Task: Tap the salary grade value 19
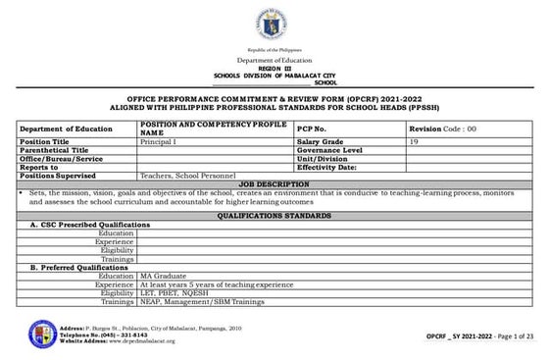(415, 142)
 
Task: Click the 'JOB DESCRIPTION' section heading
(274, 182)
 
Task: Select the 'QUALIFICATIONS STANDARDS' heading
(274, 213)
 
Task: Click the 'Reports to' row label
(39, 166)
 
